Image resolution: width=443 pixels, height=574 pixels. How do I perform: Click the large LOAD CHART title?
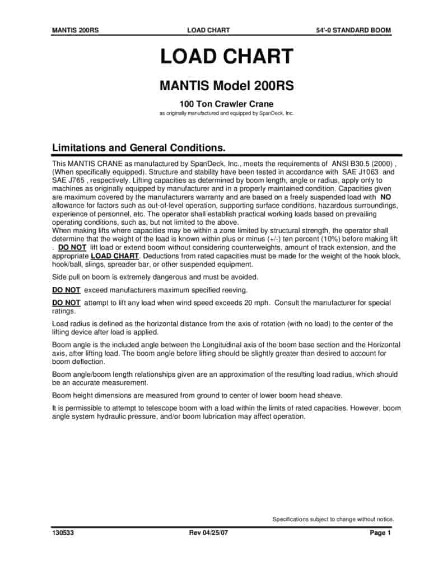point(226,57)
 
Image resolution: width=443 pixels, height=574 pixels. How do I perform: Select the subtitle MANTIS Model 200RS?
point(226,86)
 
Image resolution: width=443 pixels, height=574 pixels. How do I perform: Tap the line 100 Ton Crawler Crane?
point(226,104)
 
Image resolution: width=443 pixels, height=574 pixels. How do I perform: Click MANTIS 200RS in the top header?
point(76,30)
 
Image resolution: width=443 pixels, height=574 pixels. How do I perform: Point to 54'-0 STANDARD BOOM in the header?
point(353,30)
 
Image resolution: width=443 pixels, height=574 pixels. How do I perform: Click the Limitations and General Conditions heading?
point(139,148)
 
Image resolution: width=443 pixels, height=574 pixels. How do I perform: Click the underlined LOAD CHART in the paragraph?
point(114,256)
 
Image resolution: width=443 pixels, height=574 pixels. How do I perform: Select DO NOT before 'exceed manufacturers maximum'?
point(66,290)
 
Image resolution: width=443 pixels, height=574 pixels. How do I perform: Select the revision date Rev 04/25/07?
point(209,533)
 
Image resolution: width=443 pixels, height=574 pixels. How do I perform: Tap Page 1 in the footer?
point(380,533)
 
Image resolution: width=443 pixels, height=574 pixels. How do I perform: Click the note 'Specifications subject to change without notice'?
point(333,519)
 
